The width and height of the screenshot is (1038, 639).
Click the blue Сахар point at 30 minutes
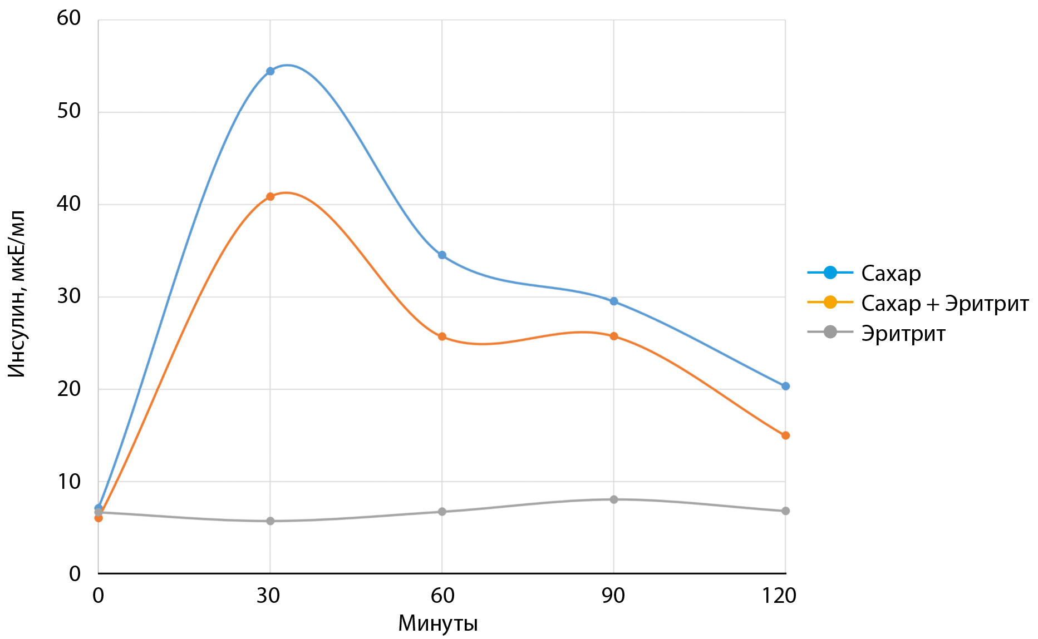[x=270, y=71]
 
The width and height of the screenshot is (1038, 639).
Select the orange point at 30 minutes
[x=270, y=196]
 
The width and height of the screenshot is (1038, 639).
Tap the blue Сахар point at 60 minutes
[x=442, y=255]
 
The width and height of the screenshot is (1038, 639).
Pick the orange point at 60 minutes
[x=442, y=336]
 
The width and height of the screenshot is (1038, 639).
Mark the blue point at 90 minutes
[x=614, y=301]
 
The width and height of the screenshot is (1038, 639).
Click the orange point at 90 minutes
[x=614, y=336]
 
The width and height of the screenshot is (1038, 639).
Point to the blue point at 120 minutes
[x=785, y=386]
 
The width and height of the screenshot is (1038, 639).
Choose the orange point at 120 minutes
[x=785, y=435]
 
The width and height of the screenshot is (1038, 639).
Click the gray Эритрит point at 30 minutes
[x=270, y=521]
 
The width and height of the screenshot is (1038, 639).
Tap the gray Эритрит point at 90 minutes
[x=614, y=499]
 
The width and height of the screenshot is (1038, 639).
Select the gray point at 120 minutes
[x=785, y=511]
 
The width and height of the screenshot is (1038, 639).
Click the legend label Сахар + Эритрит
[x=944, y=304]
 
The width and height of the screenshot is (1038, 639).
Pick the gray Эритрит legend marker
[x=830, y=333]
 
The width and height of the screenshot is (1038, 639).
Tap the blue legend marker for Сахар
[x=830, y=273]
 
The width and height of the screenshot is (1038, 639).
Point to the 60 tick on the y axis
[x=69, y=18]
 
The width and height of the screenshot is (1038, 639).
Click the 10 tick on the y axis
[x=69, y=482]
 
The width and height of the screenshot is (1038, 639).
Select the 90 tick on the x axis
[x=613, y=596]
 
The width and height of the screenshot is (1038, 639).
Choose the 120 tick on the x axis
[x=779, y=596]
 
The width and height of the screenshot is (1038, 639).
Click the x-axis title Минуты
[x=438, y=624]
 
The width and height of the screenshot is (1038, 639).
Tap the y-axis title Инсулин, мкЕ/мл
[x=17, y=295]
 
